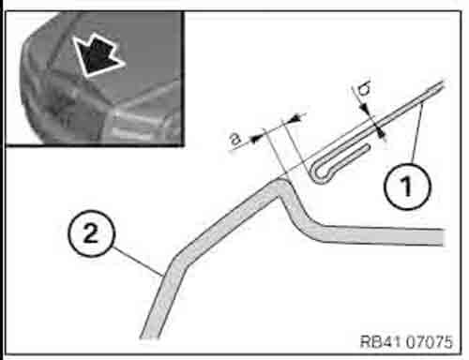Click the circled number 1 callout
point(407,187)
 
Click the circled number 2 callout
point(91,233)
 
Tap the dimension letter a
point(236,139)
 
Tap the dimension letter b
point(365,89)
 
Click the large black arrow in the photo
point(98,55)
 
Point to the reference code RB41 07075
point(406,341)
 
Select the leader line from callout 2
point(138,262)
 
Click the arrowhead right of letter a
point(256,138)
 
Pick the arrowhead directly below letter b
point(365,109)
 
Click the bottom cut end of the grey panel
point(150,337)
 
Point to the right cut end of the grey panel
point(442,237)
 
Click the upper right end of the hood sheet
point(442,84)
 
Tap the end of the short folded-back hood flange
point(368,147)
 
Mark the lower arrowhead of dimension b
point(380,132)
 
